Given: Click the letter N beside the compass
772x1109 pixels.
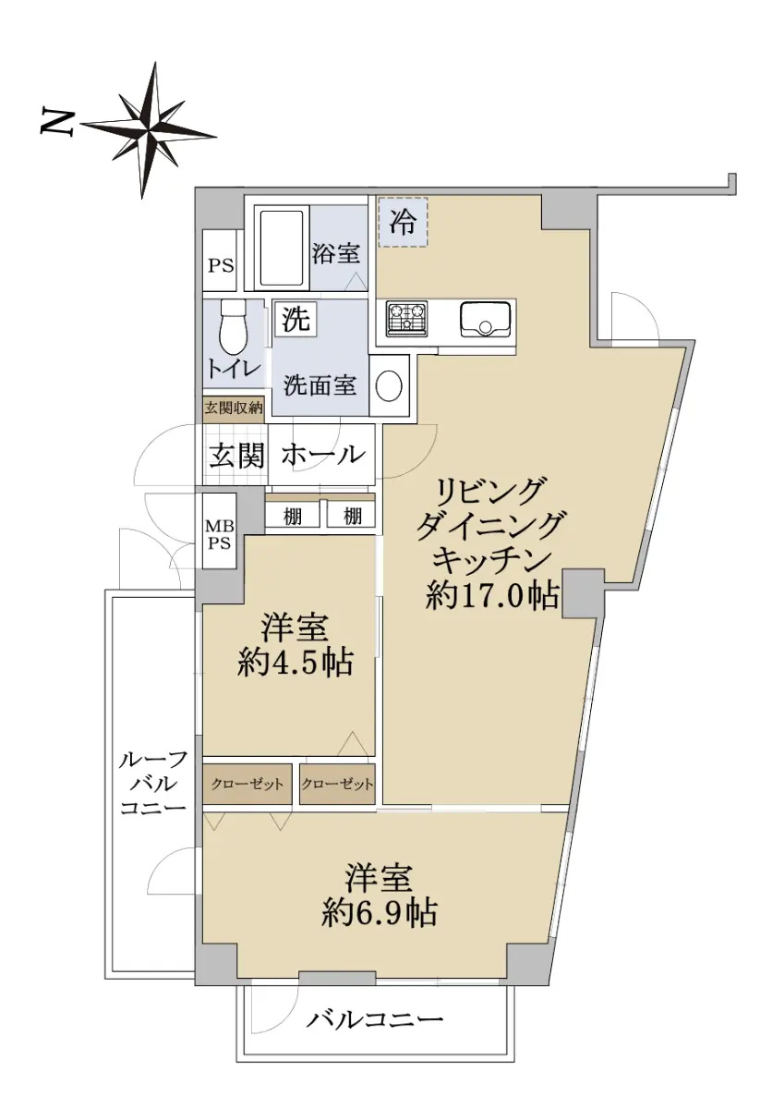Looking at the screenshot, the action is (57, 122).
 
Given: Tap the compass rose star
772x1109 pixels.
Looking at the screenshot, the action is (149, 129).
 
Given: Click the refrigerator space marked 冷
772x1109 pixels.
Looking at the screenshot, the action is (403, 223).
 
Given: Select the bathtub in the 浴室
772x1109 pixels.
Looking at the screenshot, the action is (282, 248).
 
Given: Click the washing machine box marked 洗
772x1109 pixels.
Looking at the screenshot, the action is (296, 320).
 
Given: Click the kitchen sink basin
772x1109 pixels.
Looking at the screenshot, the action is (485, 318).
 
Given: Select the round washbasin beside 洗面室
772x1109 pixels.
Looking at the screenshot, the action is (389, 385).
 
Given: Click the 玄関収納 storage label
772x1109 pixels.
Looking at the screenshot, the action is (234, 408).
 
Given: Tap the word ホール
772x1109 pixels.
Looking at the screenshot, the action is (323, 454).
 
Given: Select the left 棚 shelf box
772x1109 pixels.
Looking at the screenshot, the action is (293, 517).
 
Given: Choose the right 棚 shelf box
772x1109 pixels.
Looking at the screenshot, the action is (351, 517).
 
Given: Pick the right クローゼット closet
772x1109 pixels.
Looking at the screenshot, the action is (337, 784).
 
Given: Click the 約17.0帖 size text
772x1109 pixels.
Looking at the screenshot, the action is (492, 594).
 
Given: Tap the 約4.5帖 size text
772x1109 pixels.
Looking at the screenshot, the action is (296, 663).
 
